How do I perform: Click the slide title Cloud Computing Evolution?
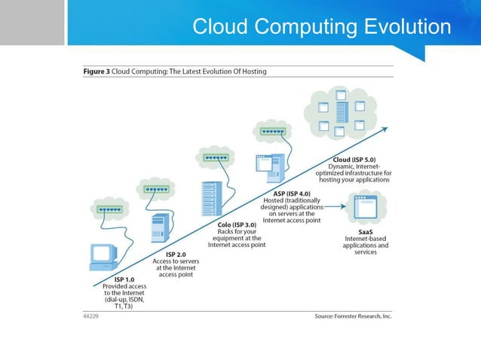point(321,27)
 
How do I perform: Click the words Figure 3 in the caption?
point(97,72)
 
